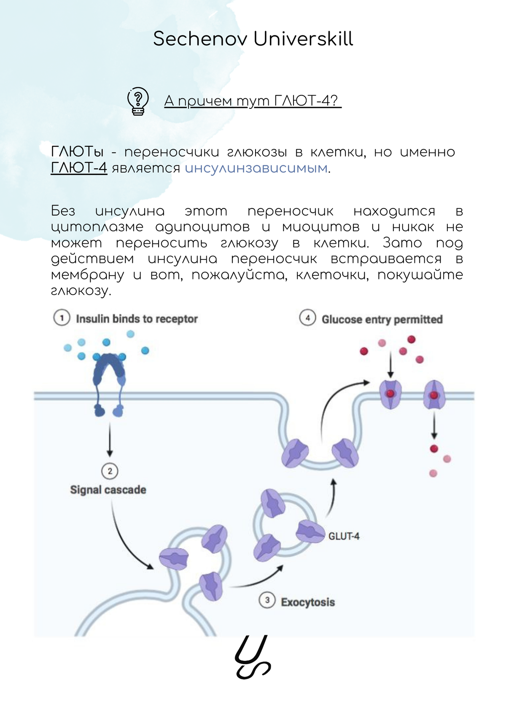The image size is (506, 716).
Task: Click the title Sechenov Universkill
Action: coord(253,39)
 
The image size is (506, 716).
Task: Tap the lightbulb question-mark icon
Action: coord(138,101)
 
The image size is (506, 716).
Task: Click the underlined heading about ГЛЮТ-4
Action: coord(252,101)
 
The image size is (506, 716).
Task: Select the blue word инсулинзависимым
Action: coord(256,168)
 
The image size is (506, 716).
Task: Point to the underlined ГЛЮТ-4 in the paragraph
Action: coord(79,168)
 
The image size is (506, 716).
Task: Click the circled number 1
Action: coord(62,318)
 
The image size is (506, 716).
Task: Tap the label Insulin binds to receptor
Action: coord(137,319)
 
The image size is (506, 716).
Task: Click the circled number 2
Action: coord(110,471)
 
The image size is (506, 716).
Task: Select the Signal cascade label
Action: coord(108,490)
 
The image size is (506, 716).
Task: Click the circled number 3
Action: coord(267,600)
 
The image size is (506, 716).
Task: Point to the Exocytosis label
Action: coord(308,602)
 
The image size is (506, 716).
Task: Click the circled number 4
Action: coord(307,318)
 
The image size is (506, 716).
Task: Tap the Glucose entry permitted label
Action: coord(382,319)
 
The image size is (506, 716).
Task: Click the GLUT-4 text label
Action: coord(344,536)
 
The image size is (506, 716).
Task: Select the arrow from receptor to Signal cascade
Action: coord(110,439)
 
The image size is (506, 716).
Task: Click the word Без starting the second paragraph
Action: coord(63,211)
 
